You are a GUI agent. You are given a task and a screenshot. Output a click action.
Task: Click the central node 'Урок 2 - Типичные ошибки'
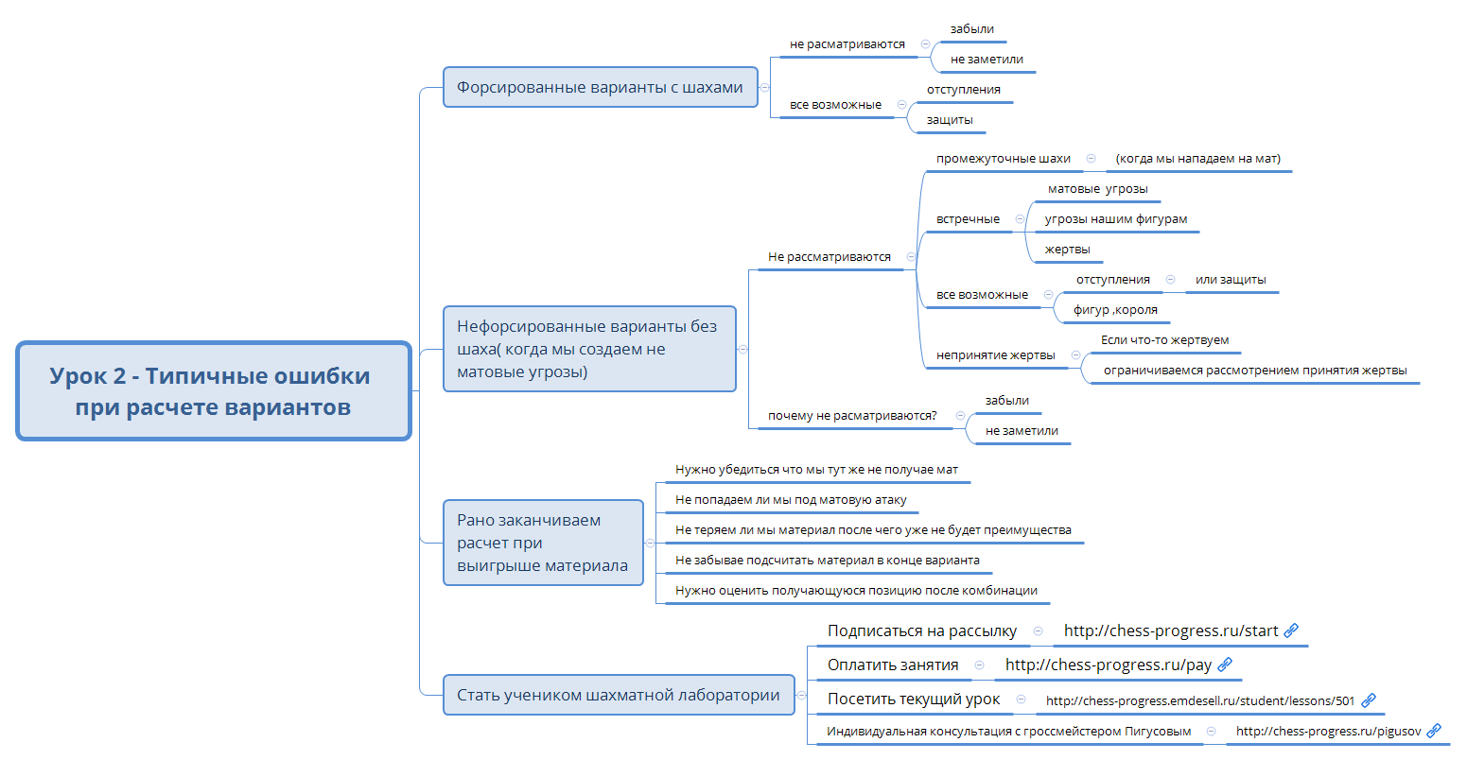click(214, 391)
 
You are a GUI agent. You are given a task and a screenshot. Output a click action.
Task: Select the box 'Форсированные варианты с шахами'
click(600, 87)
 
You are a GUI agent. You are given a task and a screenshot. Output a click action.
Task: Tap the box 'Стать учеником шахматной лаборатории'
click(618, 695)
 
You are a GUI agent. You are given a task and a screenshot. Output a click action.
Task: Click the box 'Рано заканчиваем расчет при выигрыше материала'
click(543, 543)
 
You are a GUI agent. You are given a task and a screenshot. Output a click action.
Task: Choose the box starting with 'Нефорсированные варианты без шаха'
click(588, 349)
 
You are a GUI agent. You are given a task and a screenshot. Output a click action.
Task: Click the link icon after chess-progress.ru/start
click(1291, 630)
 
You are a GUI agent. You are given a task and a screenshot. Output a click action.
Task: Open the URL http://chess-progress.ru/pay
click(1108, 665)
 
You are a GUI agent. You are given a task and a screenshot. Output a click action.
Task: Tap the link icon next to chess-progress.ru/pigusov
click(1434, 731)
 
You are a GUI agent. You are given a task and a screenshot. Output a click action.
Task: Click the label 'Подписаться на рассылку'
click(921, 630)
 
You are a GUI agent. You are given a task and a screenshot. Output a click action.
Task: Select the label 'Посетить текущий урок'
click(913, 699)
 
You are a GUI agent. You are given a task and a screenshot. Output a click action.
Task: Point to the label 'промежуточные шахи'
click(1003, 159)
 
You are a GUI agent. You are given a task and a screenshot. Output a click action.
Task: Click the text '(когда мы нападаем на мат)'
click(1197, 159)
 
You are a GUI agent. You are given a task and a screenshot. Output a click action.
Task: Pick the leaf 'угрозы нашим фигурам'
click(1115, 219)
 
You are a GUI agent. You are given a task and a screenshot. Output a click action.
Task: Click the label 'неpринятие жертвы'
click(995, 355)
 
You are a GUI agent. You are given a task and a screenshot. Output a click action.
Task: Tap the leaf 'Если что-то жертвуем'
click(1164, 340)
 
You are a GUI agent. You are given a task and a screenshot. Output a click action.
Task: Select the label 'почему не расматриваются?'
click(852, 416)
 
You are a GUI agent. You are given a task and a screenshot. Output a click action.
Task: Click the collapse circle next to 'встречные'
click(1020, 219)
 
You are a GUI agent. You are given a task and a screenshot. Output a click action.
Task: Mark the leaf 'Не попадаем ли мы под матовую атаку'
click(791, 500)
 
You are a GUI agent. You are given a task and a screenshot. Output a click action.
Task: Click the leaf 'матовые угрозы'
click(1097, 189)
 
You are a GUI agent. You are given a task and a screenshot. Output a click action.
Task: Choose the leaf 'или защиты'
click(1230, 280)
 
